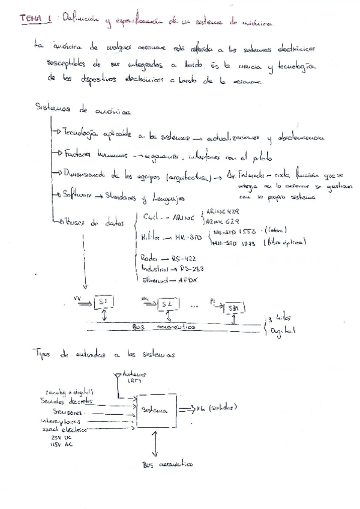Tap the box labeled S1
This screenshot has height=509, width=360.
click(x=104, y=301)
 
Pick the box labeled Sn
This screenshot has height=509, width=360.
click(x=235, y=307)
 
